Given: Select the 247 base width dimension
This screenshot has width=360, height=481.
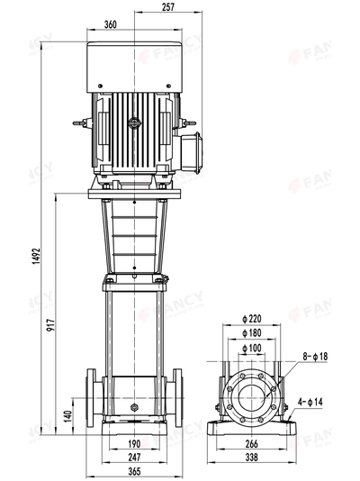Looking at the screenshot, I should [133, 458].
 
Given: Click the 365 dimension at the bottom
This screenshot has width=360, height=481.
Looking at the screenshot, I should [133, 471].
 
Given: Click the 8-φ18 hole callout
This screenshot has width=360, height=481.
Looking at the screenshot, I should [315, 357].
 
